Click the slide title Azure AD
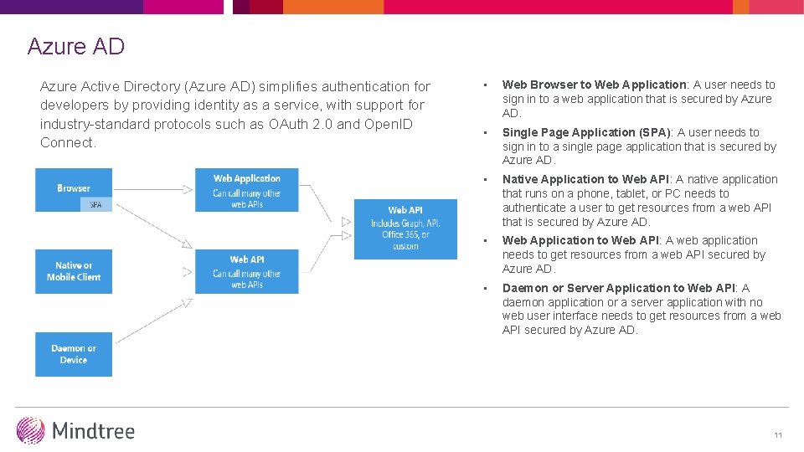[75, 46]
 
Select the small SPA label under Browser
[95, 204]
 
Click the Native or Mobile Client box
[74, 271]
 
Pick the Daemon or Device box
[74, 354]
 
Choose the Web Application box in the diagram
[246, 190]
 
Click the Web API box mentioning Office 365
[405, 228]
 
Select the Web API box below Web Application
[246, 272]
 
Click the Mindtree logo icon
[31, 430]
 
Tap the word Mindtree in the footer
[93, 431]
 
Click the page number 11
[778, 435]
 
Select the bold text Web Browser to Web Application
[594, 85]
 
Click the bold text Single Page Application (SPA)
[586, 132]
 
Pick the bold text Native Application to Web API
[585, 179]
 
